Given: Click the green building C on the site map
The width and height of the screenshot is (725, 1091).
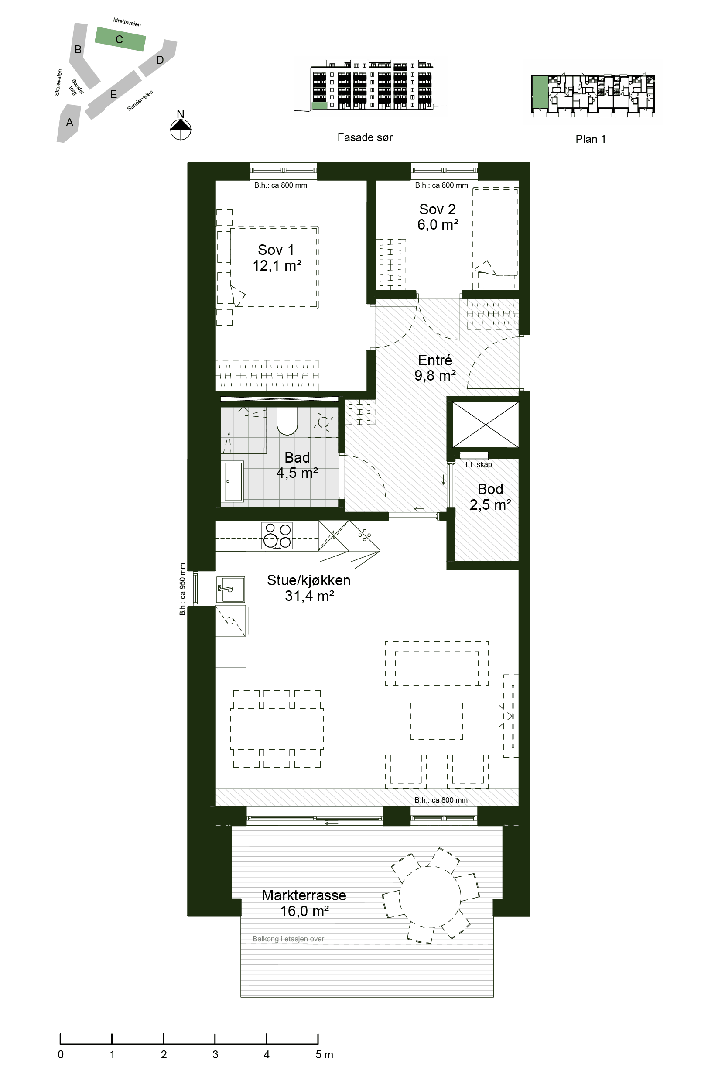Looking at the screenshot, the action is (120, 39).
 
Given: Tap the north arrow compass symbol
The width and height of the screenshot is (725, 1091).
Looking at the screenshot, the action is (181, 129).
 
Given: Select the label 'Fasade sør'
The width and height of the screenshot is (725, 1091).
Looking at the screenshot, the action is (365, 137).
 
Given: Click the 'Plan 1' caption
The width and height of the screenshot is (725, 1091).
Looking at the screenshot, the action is (591, 139).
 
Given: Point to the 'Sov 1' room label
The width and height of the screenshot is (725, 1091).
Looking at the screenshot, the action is (276, 250).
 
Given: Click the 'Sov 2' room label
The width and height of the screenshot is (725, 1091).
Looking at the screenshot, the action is (438, 209).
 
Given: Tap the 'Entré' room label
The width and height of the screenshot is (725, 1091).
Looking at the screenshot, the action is (435, 360).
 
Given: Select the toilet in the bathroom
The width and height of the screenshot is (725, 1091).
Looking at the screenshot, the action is (287, 421).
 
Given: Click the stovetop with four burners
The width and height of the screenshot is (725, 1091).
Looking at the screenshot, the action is (277, 535).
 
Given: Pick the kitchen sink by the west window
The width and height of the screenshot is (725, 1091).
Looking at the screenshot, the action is (231, 590).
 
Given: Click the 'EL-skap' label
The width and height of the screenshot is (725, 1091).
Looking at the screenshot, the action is (479, 464).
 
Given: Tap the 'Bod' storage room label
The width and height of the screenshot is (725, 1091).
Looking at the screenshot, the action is (490, 489).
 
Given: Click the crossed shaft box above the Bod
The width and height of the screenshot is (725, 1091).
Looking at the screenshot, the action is (486, 424).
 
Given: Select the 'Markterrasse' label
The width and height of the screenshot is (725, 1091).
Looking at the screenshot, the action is (304, 895).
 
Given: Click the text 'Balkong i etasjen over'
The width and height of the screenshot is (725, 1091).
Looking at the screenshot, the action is (288, 939).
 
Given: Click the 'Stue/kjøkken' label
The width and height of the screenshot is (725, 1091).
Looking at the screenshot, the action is (308, 580).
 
